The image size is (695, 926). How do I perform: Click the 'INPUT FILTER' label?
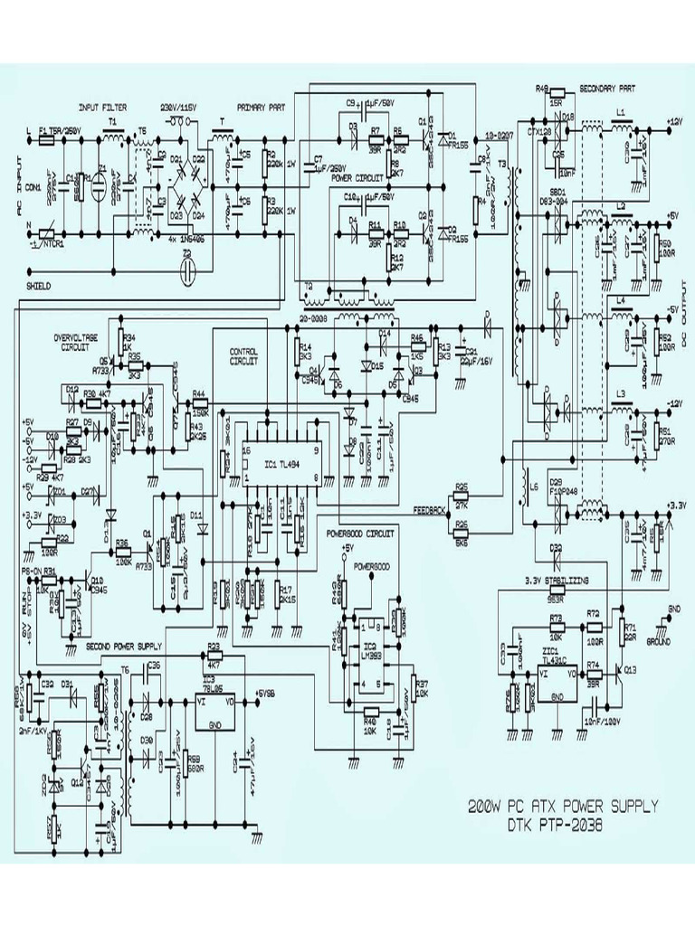click(103, 106)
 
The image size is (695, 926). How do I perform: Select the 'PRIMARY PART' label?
click(262, 106)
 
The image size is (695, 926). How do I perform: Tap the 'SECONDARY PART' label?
click(605, 89)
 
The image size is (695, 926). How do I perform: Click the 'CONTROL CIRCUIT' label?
click(244, 354)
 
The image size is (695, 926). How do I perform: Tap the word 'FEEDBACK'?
click(429, 510)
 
